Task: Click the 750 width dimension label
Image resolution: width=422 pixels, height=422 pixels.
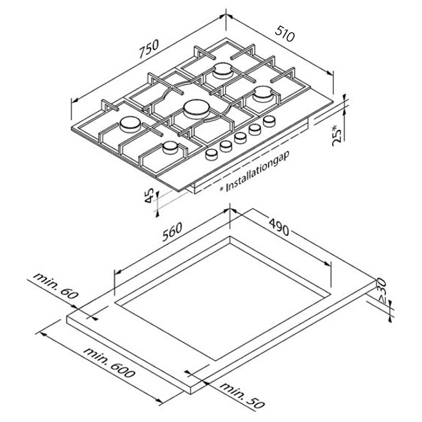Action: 149,49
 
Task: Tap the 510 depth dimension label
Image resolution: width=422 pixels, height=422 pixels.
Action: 285,34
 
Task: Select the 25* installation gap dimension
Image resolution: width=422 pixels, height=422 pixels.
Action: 338,135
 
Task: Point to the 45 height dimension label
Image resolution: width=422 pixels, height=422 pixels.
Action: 149,196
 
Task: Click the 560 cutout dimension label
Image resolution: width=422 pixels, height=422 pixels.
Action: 172,232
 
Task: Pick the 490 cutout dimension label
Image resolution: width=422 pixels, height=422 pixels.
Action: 279,227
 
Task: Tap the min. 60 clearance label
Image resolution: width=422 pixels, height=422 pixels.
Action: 56,286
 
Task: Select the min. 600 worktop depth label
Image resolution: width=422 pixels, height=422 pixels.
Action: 109,362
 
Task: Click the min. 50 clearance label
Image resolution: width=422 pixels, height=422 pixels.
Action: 242,395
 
